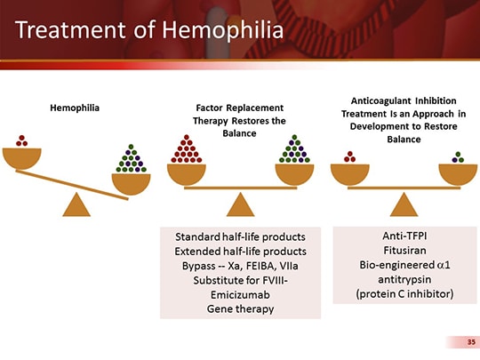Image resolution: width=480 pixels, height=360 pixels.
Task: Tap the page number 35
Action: click(x=460, y=341)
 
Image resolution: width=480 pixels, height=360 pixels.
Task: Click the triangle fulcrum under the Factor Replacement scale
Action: click(x=236, y=204)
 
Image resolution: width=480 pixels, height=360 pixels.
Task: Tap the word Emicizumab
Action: click(x=234, y=294)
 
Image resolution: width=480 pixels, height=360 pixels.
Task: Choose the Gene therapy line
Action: click(x=234, y=308)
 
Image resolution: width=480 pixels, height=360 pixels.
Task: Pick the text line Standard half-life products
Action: click(x=234, y=236)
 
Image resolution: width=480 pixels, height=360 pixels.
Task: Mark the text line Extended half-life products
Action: click(x=234, y=251)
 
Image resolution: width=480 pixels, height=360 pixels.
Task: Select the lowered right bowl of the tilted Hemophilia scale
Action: click(x=132, y=183)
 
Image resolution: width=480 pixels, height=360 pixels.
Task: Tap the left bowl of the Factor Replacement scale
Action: click(x=187, y=173)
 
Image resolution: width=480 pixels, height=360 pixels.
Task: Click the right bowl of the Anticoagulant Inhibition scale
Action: click(x=457, y=173)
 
